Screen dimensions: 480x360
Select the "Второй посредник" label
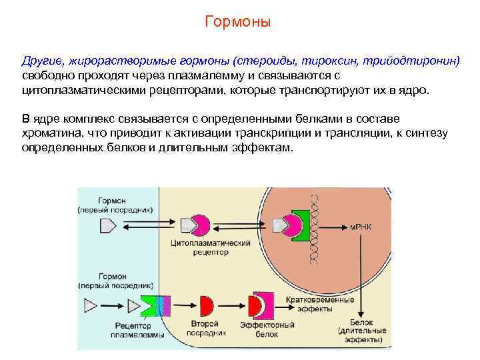(203, 328)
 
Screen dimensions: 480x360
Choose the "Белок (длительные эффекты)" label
(360, 331)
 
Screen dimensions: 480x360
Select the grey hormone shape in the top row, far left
(107, 227)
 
